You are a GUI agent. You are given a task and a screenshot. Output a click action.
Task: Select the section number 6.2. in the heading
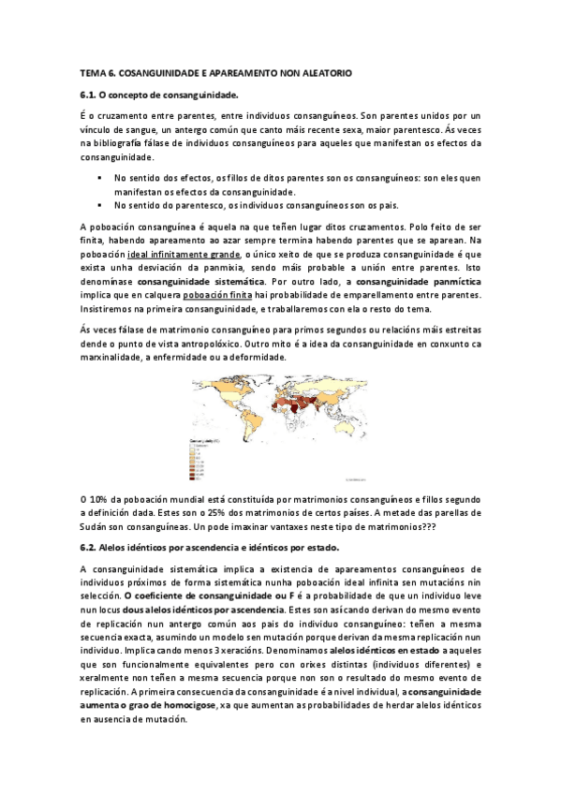pyautogui.click(x=89, y=547)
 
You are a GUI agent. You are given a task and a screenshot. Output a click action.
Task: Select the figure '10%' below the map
pyautogui.click(x=100, y=498)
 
